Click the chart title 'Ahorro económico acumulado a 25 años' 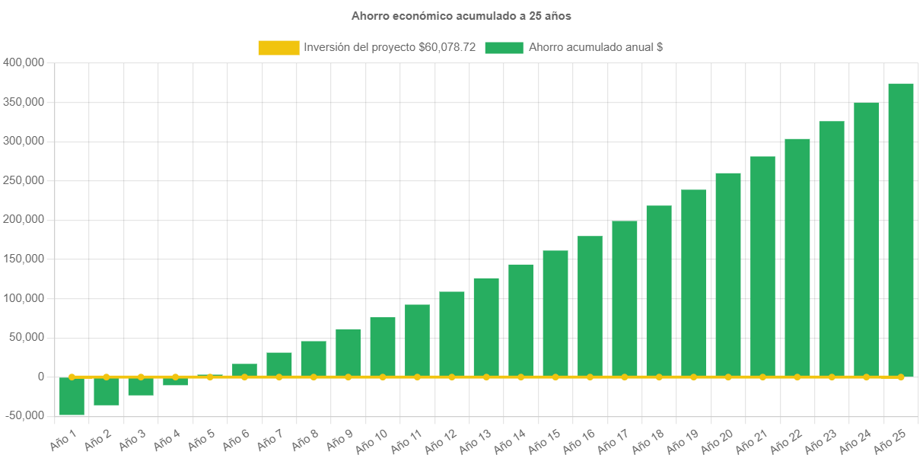tap(460, 15)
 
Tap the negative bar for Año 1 tap(72, 396)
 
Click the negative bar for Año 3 tap(141, 386)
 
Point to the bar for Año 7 tap(278, 364)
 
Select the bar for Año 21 tap(762, 265)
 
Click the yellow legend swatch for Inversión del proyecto tap(278, 47)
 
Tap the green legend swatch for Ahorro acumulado tap(504, 47)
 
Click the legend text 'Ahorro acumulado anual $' tap(595, 47)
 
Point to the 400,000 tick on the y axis tap(24, 62)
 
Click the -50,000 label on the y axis tap(24, 415)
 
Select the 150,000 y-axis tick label tap(24, 259)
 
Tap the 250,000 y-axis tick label tap(24, 180)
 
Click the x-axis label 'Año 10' tap(372, 439)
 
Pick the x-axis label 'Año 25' tap(890, 439)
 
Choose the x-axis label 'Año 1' tap(64, 439)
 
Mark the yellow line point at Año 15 tap(555, 377)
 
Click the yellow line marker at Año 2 tap(106, 377)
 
